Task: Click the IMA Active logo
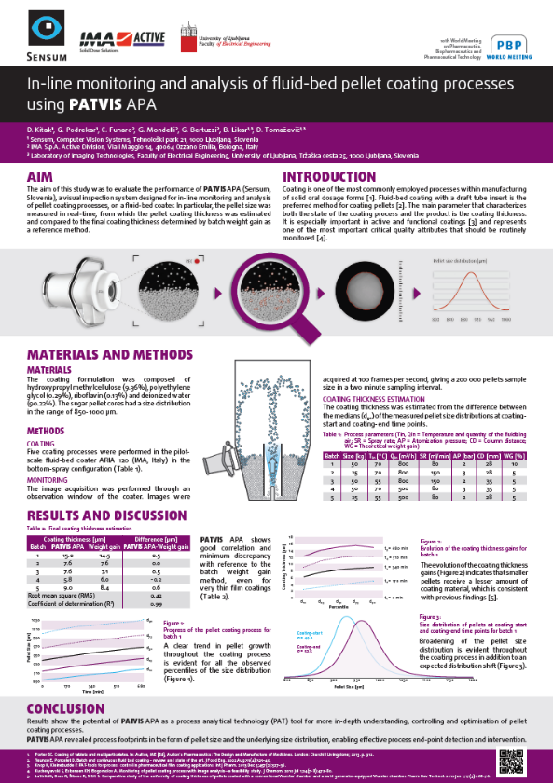[x=109, y=38]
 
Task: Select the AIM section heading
[x=41, y=177]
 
